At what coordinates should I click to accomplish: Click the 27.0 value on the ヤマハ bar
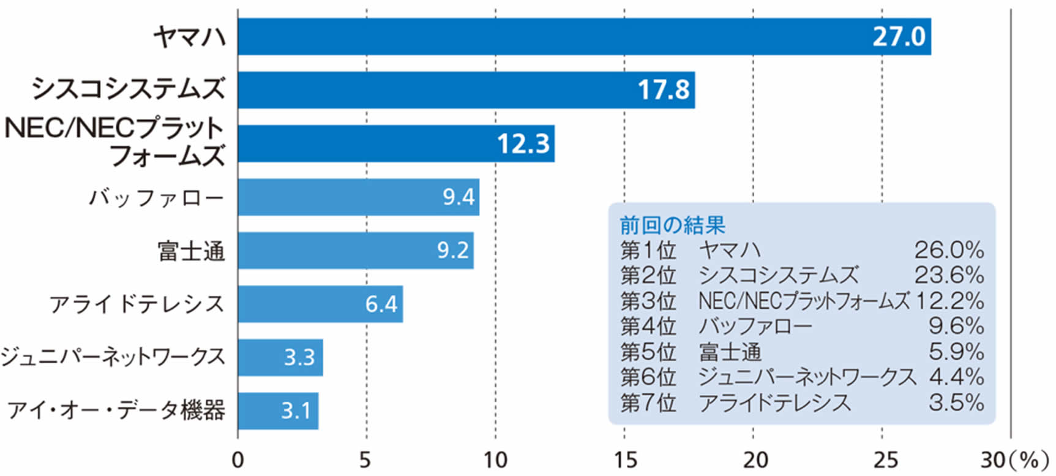coord(898,37)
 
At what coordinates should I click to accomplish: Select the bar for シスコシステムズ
coord(465,90)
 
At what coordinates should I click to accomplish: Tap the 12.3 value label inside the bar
coord(523,144)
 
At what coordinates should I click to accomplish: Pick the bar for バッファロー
coord(358,197)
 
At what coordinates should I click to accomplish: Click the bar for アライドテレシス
coord(320,304)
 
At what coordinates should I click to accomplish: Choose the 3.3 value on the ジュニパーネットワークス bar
coord(299,357)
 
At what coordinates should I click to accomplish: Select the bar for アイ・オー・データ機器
coord(278,410)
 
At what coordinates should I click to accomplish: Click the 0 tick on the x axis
coord(238,460)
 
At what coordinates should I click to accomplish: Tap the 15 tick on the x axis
coord(624,460)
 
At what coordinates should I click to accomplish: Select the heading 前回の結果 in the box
coord(672,225)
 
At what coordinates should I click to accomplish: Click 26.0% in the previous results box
coord(949,250)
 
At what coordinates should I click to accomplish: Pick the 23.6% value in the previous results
coord(949,276)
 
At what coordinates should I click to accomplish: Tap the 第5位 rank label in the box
coord(648,352)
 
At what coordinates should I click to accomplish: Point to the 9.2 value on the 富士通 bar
coord(453,251)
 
